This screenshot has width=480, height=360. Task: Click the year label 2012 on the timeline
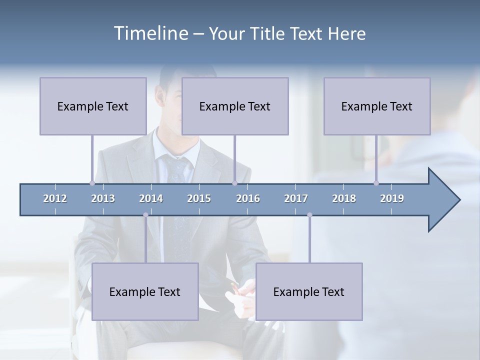pyautogui.click(x=55, y=198)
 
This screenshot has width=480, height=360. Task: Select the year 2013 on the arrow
pyautogui.click(x=103, y=198)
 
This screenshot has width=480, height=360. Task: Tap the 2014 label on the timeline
pyautogui.click(x=151, y=198)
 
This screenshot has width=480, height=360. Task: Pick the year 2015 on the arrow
pyautogui.click(x=199, y=198)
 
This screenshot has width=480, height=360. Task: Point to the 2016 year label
pyautogui.click(x=248, y=198)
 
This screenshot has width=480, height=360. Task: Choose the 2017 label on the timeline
pyautogui.click(x=296, y=198)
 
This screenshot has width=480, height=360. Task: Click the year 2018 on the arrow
pyautogui.click(x=344, y=198)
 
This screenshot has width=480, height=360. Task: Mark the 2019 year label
pyautogui.click(x=392, y=198)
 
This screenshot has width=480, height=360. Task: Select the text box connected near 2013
pyautogui.click(x=93, y=106)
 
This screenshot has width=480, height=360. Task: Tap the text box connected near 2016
pyautogui.click(x=235, y=106)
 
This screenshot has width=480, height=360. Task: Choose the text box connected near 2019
pyautogui.click(x=377, y=106)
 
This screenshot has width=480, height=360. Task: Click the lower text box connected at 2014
pyautogui.click(x=145, y=291)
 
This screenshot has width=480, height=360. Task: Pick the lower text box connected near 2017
pyautogui.click(x=309, y=291)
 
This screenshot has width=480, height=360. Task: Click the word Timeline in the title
pyautogui.click(x=150, y=33)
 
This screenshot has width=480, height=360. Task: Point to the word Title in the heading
pyautogui.click(x=269, y=34)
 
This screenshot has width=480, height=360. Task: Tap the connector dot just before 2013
pyautogui.click(x=92, y=183)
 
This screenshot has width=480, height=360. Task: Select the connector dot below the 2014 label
pyautogui.click(x=145, y=215)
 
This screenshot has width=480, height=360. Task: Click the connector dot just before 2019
pyautogui.click(x=376, y=183)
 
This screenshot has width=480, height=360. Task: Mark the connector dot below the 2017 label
pyautogui.click(x=309, y=215)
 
